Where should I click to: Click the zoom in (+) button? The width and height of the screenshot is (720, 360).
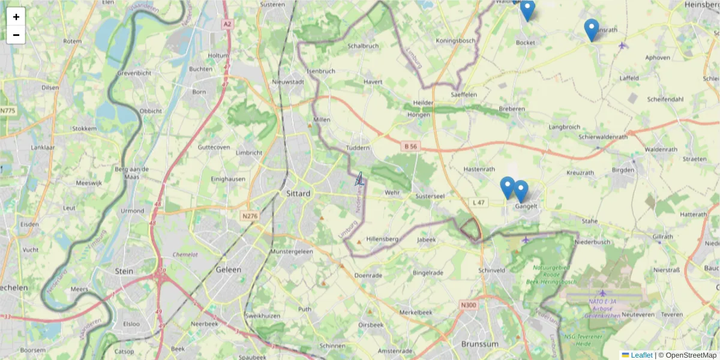click(x=16, y=17)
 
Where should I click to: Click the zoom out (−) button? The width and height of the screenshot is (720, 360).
click(x=16, y=35)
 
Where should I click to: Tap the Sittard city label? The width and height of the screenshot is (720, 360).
click(x=298, y=194)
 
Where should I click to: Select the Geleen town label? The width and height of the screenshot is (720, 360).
click(x=228, y=270)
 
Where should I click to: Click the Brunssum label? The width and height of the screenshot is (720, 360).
click(x=480, y=344)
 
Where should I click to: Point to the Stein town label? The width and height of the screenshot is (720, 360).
click(x=124, y=271)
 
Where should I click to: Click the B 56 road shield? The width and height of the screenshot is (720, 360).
click(x=410, y=146)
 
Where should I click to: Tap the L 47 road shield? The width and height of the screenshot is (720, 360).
click(x=478, y=203)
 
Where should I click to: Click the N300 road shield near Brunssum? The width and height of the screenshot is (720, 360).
click(x=468, y=305)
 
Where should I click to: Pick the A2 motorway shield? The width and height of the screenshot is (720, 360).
click(x=227, y=24)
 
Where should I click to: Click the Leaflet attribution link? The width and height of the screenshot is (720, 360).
click(x=641, y=355)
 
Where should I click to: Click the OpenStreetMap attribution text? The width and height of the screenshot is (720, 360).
click(x=687, y=355)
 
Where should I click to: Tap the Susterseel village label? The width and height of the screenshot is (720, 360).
click(x=430, y=196)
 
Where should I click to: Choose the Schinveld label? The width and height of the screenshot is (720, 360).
click(x=493, y=270)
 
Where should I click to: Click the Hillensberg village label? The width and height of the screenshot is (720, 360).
click(x=382, y=239)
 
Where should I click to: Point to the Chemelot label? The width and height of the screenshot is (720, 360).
click(x=185, y=254)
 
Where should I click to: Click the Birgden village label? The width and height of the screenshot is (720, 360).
click(x=623, y=170)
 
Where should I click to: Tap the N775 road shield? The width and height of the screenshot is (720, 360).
click(x=8, y=110)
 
